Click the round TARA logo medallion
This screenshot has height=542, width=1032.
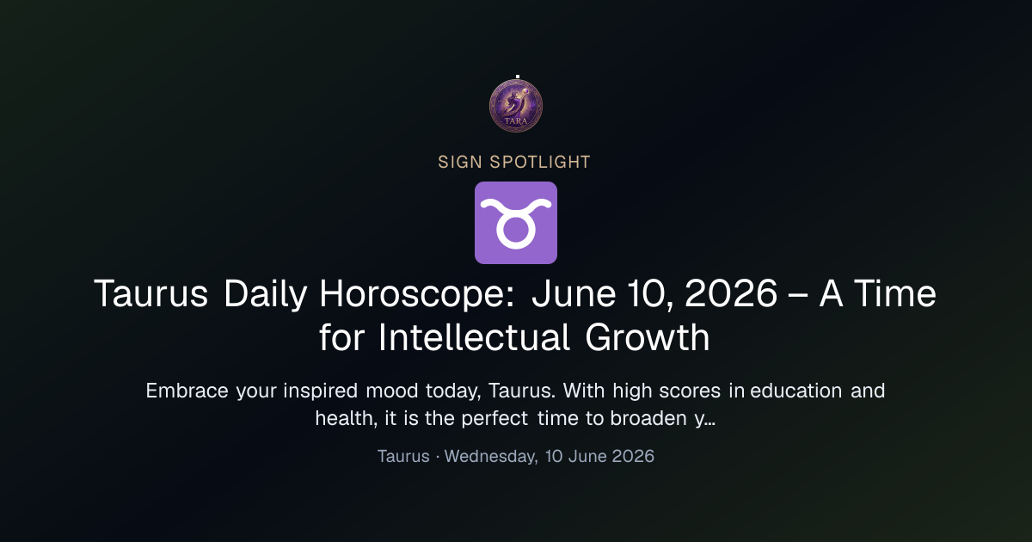coord(516,106)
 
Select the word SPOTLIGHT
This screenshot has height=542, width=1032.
coord(540,163)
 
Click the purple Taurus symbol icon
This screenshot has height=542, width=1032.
coord(516,223)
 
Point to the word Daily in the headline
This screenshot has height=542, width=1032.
coord(266,294)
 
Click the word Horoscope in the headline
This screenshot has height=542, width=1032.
coord(417,294)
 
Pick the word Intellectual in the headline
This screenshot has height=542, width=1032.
coord(474,337)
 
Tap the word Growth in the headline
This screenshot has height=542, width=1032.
coord(648,337)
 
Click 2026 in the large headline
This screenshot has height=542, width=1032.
coord(731,293)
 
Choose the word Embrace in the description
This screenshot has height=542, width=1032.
coord(187,391)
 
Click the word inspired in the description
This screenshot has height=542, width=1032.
coord(320,391)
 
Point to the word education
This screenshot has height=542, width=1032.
coord(796,391)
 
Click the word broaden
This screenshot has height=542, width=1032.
coord(648,418)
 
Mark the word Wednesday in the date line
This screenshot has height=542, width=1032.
coord(491,457)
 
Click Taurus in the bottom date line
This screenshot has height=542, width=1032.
coord(403,456)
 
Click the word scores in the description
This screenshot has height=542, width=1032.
coord(690,391)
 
